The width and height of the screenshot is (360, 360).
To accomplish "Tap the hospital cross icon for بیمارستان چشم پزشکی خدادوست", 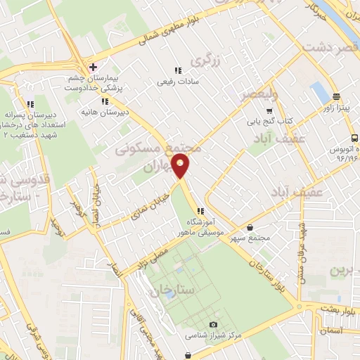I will click(x=93, y=67).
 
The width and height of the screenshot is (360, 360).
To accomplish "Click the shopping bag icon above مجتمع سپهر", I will click(x=251, y=227).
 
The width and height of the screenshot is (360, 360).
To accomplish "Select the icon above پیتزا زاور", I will click(x=337, y=97).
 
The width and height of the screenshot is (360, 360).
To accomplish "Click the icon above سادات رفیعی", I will click(x=177, y=70).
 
